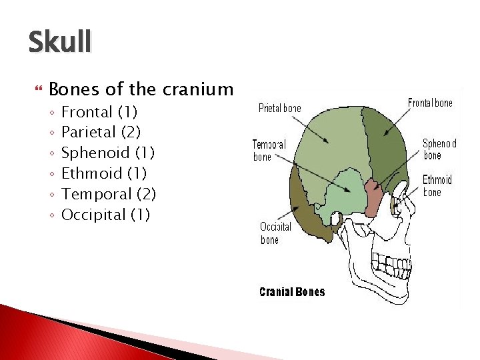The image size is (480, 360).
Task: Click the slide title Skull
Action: [x=59, y=42]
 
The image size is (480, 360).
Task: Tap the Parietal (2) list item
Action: [x=101, y=132]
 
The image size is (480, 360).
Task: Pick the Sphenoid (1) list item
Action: [x=107, y=153]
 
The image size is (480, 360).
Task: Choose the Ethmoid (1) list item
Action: [x=104, y=173]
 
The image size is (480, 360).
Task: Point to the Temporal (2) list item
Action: [x=108, y=194]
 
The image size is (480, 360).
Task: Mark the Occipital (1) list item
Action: [x=105, y=215]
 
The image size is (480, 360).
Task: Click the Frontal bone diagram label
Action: [x=430, y=103]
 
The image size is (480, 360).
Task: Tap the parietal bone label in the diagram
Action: [x=279, y=108]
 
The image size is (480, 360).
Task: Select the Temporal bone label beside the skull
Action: [x=269, y=151]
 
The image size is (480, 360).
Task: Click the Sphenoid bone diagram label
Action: [x=439, y=149]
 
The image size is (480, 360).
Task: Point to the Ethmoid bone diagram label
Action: [x=437, y=186]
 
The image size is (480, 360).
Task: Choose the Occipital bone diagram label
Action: [x=275, y=233]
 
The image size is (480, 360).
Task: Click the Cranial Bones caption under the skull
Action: [x=291, y=292]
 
